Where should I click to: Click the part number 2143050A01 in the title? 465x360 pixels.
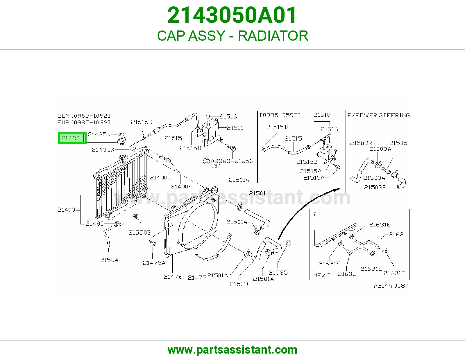[232, 15]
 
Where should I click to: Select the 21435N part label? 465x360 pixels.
[99, 134]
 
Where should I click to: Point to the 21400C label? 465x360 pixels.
[160, 177]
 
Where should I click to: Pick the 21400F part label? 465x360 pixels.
[181, 187]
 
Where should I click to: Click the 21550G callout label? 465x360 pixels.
[139, 232]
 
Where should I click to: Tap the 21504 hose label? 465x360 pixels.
[109, 260]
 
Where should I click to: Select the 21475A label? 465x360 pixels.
[154, 263]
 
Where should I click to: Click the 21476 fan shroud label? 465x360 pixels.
[173, 277]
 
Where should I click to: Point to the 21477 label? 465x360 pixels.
[197, 278]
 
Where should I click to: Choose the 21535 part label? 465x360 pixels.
[278, 273]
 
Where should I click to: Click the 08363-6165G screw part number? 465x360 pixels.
[232, 161]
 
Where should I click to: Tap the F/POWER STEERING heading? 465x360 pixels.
[379, 116]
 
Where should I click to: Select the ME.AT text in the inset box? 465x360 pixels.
[322, 276]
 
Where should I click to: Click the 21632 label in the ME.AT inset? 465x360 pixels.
[347, 274]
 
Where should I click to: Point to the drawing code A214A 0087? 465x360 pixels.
[391, 286]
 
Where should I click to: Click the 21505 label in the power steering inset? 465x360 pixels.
[398, 143]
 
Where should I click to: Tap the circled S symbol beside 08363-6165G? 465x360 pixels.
[206, 161]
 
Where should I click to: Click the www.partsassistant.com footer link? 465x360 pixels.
[233, 350]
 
